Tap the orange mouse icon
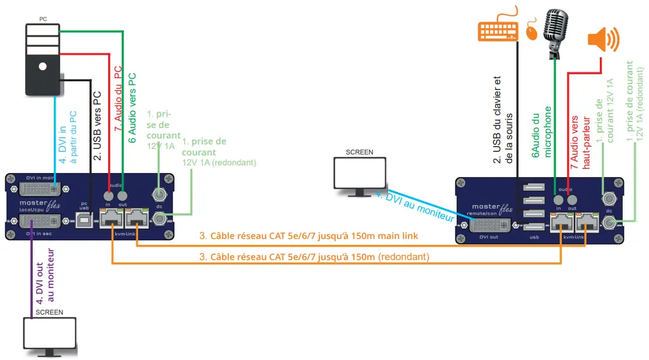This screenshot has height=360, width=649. point(532,31)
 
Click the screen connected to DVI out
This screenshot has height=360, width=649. point(359,174)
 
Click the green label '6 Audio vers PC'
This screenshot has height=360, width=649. point(132,108)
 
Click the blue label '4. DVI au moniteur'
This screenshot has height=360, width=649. point(417,207)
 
